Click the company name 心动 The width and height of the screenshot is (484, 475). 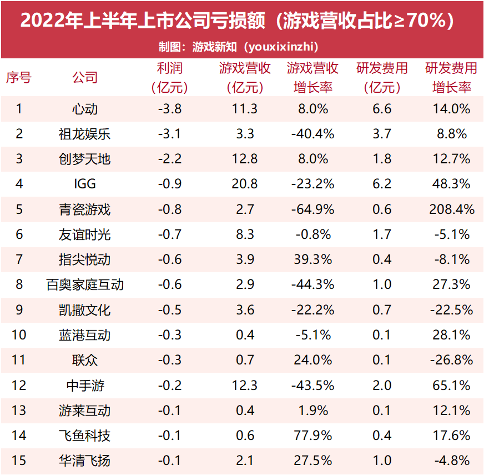tap(85, 108)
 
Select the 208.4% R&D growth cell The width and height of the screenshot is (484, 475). tap(451, 209)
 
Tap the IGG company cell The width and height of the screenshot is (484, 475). tap(85, 184)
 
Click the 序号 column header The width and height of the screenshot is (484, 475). tap(18, 77)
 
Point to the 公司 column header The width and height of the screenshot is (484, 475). tap(85, 77)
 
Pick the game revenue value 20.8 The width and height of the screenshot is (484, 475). tap(245, 184)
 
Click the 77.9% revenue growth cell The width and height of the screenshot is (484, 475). tap(313, 435)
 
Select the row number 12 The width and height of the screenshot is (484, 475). tap(18, 385)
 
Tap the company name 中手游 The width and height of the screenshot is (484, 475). tap(85, 385)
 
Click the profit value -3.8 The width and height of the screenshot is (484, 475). tap(170, 108)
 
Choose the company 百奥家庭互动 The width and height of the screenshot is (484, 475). tap(85, 284)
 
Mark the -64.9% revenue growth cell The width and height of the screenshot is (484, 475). tap(313, 209)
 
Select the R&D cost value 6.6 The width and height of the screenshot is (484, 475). tap(382, 108)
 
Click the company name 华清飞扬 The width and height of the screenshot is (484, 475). tap(85, 461)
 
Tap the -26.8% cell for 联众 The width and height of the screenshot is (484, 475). tap(451, 360)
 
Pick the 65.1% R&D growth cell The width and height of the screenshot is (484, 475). tap(451, 385)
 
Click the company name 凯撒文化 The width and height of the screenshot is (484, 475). tap(85, 309)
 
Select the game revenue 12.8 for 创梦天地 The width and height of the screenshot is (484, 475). tap(245, 159)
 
